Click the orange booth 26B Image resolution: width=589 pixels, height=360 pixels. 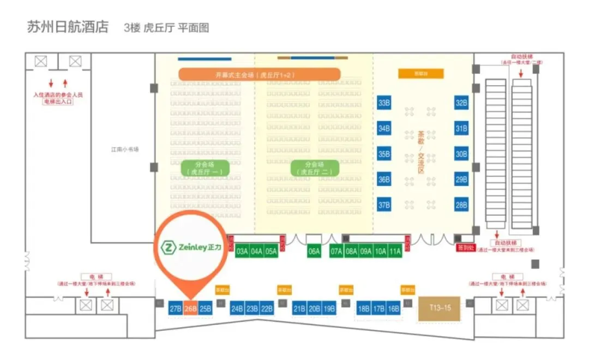(x=190, y=308)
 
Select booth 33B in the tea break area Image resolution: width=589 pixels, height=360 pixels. (x=384, y=103)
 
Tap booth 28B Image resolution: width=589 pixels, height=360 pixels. (x=461, y=205)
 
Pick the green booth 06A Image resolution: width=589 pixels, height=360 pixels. (x=314, y=251)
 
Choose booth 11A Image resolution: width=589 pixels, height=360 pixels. (x=395, y=251)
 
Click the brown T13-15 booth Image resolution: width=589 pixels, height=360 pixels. (x=440, y=308)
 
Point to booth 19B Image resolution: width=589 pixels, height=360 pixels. (x=329, y=309)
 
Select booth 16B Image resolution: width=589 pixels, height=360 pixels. (x=394, y=309)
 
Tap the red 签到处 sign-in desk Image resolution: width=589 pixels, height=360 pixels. (x=465, y=248)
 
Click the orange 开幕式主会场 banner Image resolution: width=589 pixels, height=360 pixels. (x=260, y=74)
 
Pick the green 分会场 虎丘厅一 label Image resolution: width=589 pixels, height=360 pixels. (x=205, y=167)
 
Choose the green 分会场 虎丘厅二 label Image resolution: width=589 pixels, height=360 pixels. (x=315, y=167)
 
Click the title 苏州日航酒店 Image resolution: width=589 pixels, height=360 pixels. (x=68, y=27)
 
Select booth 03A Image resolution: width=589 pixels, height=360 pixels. (x=242, y=251)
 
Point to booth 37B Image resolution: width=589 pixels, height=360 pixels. (x=384, y=205)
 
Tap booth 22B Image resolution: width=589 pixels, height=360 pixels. (x=267, y=309)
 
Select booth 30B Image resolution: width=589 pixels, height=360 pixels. (x=461, y=154)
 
